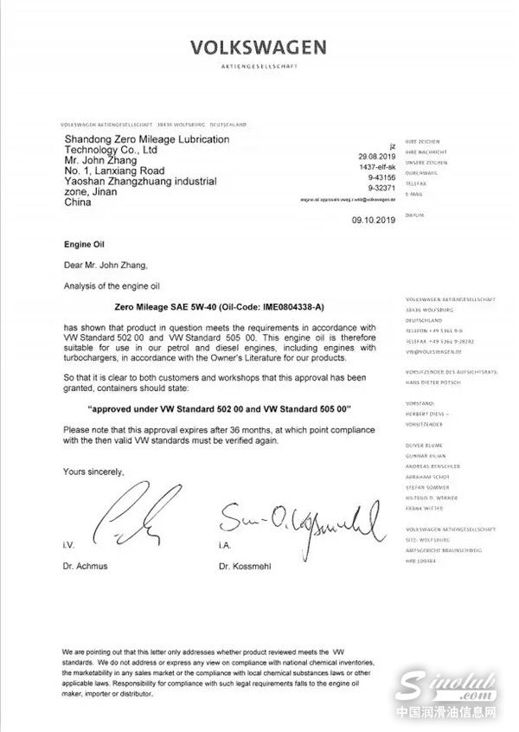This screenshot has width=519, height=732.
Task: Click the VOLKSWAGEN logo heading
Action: pyautogui.click(x=259, y=47)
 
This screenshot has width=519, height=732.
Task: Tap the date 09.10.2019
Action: pyautogui.click(x=373, y=221)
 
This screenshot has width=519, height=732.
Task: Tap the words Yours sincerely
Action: pyautogui.click(x=94, y=472)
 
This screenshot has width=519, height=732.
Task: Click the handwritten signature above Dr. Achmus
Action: pyautogui.click(x=131, y=518)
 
